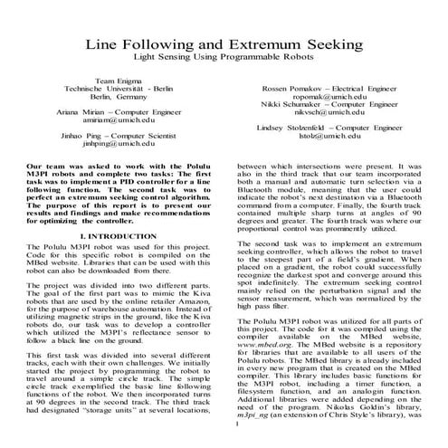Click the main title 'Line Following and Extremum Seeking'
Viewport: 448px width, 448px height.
[x=224, y=43]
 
